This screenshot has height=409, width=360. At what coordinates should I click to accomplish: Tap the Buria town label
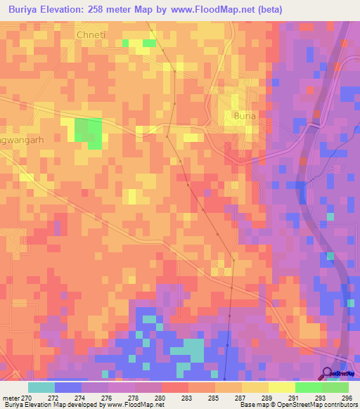245,115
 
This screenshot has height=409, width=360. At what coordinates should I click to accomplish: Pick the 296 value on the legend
347,397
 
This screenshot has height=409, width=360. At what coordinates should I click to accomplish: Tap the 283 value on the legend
186,397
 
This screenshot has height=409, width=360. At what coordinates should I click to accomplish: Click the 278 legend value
134,397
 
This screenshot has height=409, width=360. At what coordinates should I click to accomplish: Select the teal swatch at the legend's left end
41,387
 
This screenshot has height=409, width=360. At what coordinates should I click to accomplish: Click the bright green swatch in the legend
308,387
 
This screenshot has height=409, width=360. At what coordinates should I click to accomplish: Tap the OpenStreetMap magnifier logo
328,374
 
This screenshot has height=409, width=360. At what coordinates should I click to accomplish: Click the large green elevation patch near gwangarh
88,131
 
